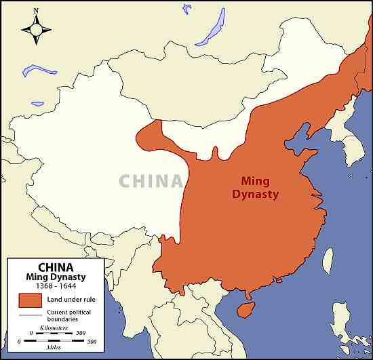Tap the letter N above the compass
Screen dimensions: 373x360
(x=36, y=11)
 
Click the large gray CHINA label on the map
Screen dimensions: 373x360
(x=151, y=181)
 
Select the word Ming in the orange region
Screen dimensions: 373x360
(x=255, y=181)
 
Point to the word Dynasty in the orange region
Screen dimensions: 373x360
(x=255, y=194)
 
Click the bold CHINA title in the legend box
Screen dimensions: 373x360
(x=56, y=267)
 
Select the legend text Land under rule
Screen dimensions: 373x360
(x=73, y=299)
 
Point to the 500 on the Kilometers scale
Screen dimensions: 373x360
(x=81, y=333)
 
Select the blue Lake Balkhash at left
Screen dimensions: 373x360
(x=39, y=69)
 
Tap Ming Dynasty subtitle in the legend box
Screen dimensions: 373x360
(x=56, y=277)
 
